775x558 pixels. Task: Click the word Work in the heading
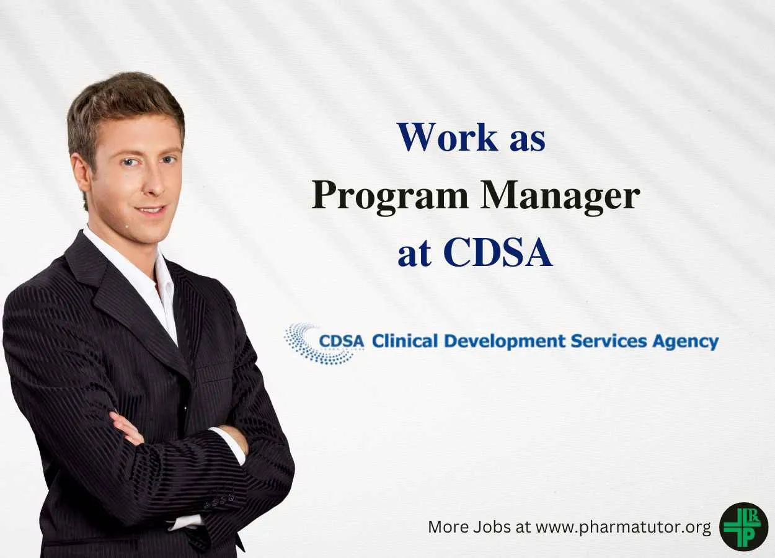click(448, 137)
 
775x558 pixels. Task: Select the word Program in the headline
click(389, 196)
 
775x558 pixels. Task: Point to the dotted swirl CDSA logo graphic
click(317, 343)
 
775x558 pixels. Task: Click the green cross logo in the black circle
click(743, 527)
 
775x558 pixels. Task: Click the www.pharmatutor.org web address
click(623, 528)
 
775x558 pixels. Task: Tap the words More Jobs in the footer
click(469, 527)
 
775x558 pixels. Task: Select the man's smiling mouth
click(151, 210)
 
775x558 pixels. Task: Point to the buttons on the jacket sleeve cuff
click(219, 502)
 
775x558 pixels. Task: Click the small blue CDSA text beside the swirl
click(342, 342)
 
